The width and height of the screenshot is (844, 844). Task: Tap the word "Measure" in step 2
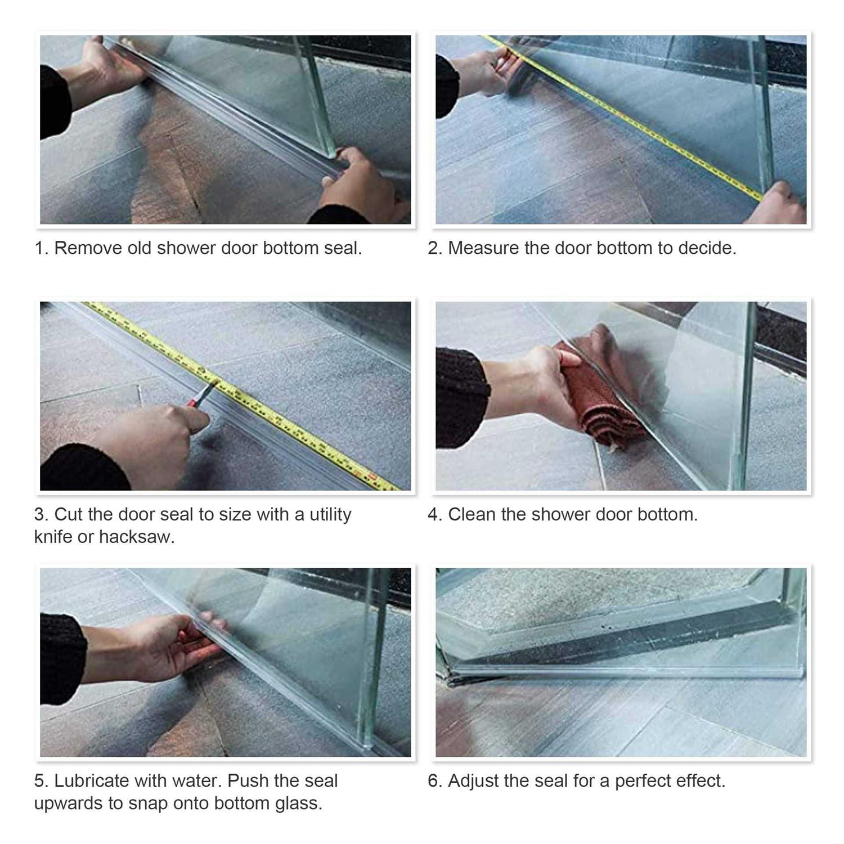pos(483,248)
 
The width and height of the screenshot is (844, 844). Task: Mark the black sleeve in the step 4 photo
pos(459,397)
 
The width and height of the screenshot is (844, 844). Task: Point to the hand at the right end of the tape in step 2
pos(779,205)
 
